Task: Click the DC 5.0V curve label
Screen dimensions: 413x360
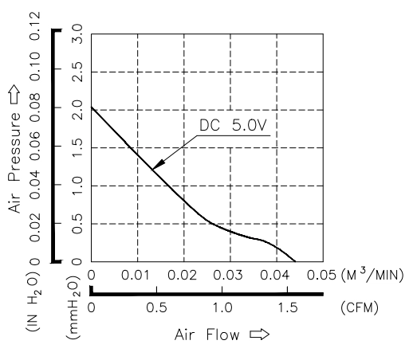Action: pos(233,125)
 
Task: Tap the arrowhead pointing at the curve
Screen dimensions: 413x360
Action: pos(158,165)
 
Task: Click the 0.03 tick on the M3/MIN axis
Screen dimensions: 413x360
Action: pos(228,275)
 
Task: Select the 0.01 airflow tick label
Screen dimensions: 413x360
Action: pos(136,275)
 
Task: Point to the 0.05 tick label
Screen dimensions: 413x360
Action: pos(321,275)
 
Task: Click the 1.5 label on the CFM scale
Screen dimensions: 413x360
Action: pos(288,308)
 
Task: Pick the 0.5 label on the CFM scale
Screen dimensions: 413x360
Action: pos(157,308)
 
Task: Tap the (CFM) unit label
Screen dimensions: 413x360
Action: pos(360,308)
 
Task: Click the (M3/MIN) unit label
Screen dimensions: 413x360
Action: pos(372,275)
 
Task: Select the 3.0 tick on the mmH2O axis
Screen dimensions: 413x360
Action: pos(77,34)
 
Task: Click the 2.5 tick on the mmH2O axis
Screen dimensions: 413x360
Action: pos(77,72)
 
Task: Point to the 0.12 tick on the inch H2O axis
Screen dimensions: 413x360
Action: pos(35,25)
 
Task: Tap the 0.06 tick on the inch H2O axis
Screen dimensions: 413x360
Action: pos(35,147)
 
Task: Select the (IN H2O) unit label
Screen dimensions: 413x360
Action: pos(33,300)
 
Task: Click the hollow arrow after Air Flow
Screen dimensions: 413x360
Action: pos(259,335)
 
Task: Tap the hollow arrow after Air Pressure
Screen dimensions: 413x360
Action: pos(14,95)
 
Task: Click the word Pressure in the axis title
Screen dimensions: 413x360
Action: pos(14,147)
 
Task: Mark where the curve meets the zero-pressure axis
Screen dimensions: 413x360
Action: pos(295,262)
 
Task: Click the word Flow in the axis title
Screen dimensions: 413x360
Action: pos(222,335)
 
